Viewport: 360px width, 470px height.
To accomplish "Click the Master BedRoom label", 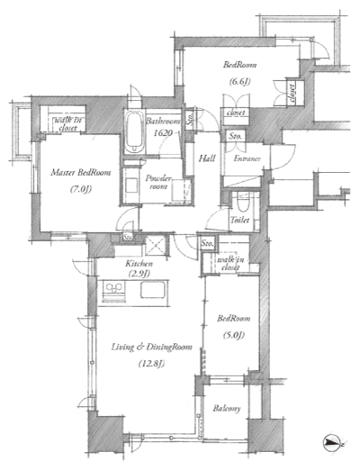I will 67,173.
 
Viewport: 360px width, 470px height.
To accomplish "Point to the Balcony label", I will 226,409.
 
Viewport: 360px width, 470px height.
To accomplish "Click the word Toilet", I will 239,219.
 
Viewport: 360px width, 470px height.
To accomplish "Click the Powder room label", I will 159,183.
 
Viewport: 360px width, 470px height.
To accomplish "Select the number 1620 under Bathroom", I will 162,131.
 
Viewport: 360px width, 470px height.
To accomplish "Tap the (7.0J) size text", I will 67,189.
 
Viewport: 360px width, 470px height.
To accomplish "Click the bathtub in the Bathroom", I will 134,134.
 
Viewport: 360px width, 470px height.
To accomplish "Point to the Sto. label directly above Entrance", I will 236,136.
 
